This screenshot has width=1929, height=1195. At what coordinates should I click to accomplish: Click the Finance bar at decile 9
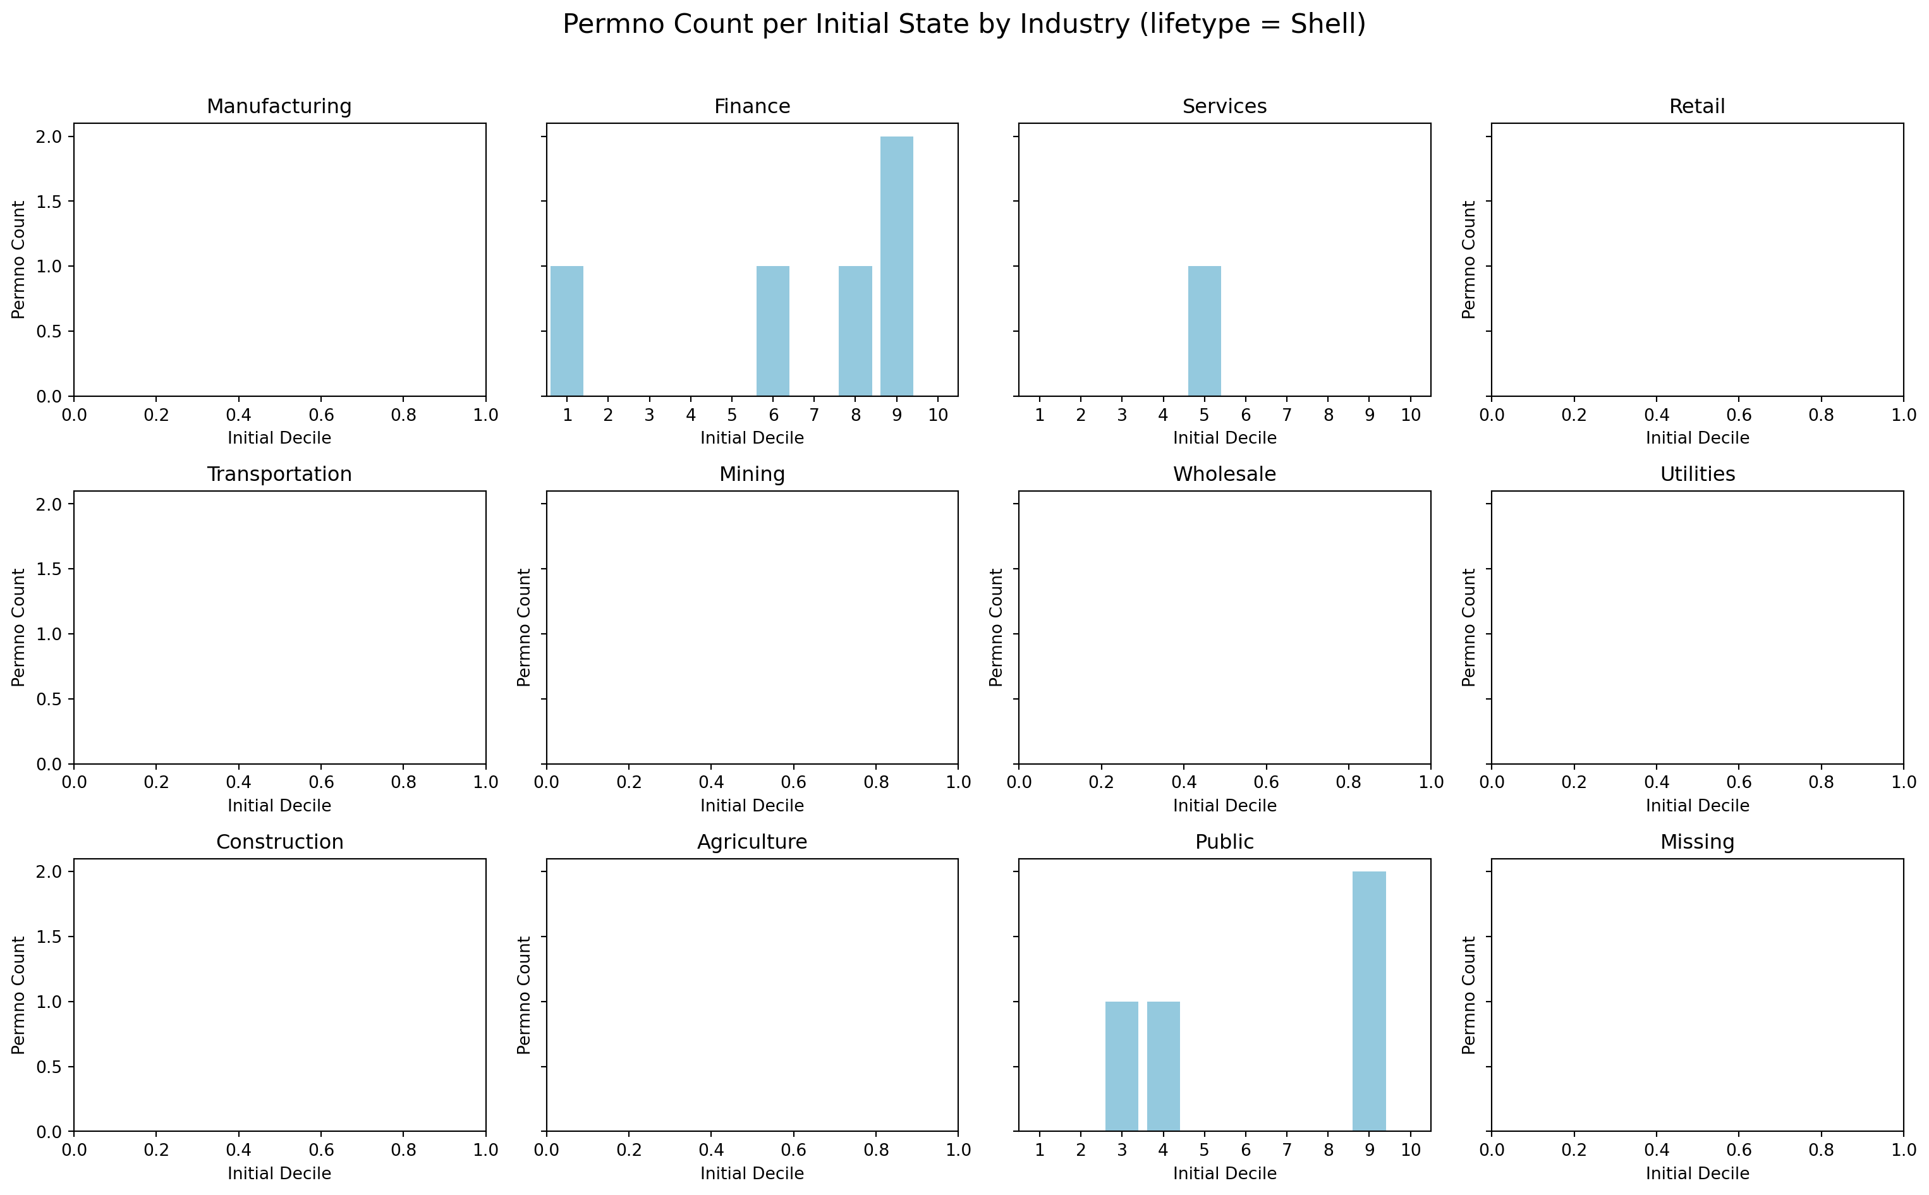(x=896, y=265)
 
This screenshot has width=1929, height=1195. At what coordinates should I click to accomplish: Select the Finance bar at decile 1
(x=566, y=331)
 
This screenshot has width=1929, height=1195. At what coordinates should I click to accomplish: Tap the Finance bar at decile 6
(x=772, y=331)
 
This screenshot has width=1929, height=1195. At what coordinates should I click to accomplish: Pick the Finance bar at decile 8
(x=855, y=331)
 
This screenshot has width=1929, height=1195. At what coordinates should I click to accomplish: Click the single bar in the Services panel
(x=1203, y=331)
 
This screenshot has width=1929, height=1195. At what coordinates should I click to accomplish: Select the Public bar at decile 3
(x=1121, y=1066)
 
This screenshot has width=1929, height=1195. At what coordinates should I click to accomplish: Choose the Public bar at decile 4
(x=1162, y=1066)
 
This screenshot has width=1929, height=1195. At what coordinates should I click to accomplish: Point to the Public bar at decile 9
(x=1369, y=1002)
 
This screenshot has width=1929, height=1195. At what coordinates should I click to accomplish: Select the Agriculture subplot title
(x=752, y=842)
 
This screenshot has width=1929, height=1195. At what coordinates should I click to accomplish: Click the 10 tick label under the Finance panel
(x=937, y=415)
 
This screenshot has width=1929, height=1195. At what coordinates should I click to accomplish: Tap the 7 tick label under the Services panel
(x=1287, y=415)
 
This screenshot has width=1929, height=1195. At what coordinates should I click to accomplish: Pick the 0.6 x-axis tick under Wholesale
(x=1266, y=782)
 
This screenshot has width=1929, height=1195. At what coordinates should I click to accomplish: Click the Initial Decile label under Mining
(x=752, y=805)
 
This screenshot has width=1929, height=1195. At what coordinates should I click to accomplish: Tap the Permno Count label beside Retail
(x=1468, y=259)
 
